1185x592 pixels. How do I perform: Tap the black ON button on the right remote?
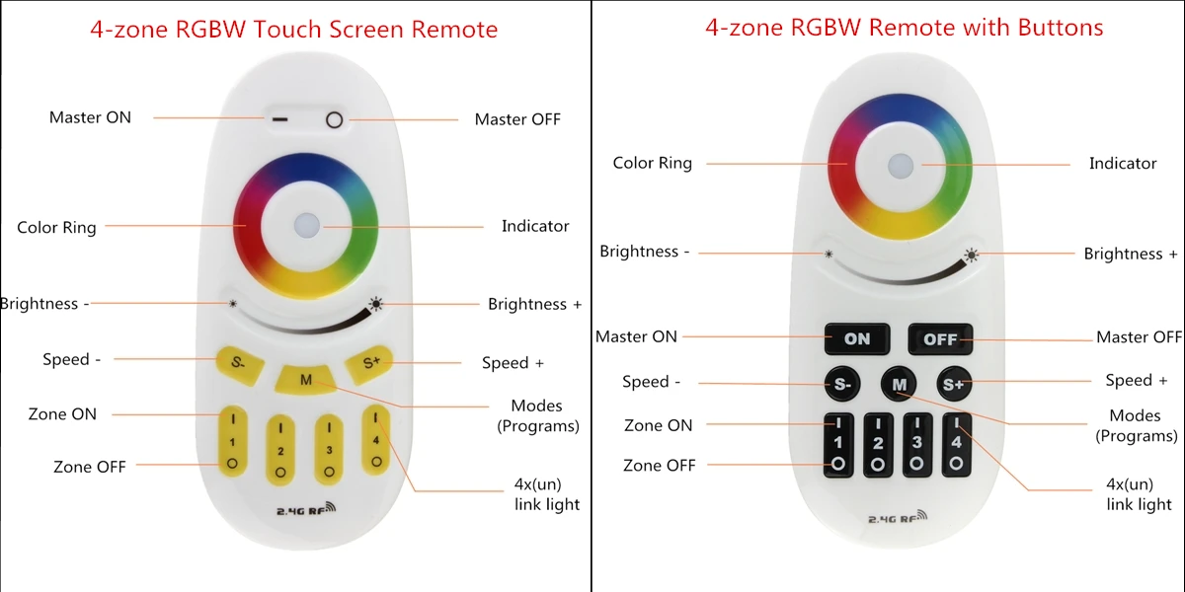click(857, 338)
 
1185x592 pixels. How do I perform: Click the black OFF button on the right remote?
click(940, 338)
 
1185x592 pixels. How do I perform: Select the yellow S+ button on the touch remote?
click(369, 364)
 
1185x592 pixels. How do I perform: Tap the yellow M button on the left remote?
click(306, 379)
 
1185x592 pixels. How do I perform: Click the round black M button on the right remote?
click(899, 384)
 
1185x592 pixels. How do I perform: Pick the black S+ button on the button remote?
click(954, 384)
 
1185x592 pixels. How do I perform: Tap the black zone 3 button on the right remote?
click(916, 445)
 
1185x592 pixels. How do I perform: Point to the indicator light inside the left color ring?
click(307, 226)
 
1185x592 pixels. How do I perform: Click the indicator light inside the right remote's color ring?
click(901, 166)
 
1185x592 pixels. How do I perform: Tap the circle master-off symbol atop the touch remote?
click(335, 120)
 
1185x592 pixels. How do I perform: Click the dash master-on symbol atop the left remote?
click(279, 119)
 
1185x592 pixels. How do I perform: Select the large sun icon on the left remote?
click(375, 304)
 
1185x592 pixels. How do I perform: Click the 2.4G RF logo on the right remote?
click(898, 517)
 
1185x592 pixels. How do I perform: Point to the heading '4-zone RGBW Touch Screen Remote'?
click(293, 29)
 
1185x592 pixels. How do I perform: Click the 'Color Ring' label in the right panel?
click(653, 163)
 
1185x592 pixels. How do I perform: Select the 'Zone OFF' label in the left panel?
click(90, 467)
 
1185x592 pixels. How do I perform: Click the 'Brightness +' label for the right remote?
click(1131, 254)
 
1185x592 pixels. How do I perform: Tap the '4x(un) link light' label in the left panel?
click(547, 494)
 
